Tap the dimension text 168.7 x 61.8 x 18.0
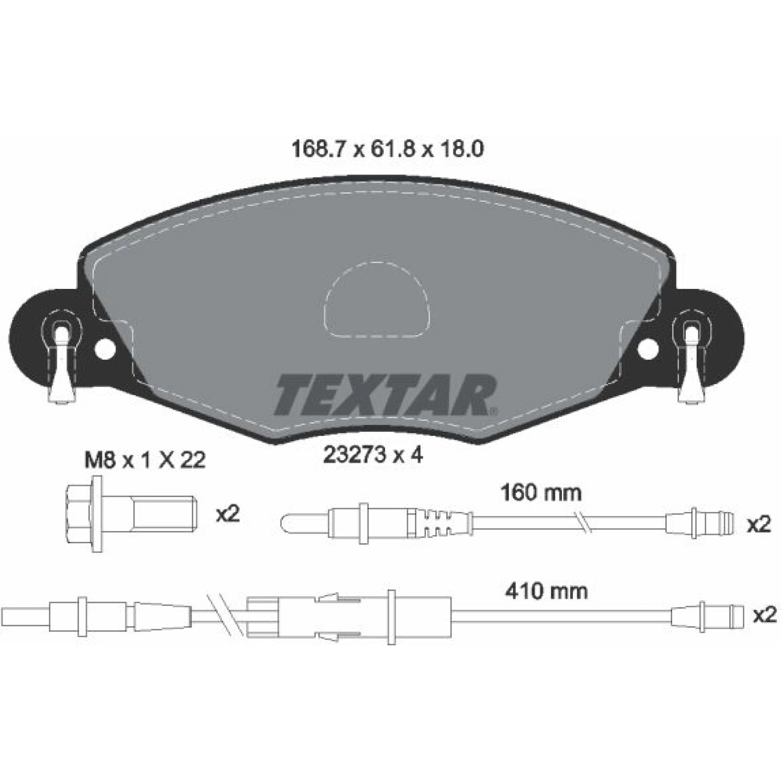(x=387, y=149)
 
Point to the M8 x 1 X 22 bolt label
(x=145, y=460)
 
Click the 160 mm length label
(x=541, y=493)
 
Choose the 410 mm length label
(x=546, y=591)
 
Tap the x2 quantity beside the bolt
(x=227, y=514)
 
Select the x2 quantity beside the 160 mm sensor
(x=759, y=524)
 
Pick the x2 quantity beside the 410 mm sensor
(x=764, y=615)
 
